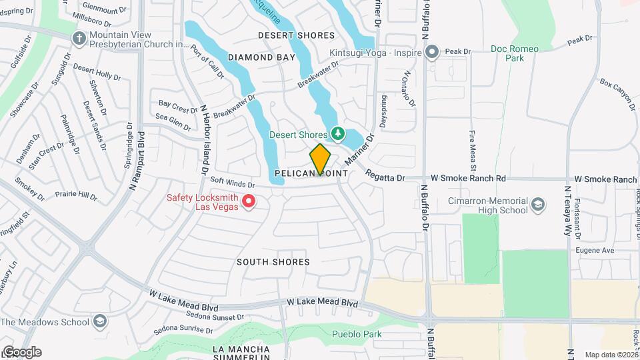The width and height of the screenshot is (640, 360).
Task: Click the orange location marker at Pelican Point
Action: point(321,159)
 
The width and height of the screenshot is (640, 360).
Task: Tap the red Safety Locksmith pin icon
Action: point(249,199)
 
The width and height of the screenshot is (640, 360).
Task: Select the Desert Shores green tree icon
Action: point(338,134)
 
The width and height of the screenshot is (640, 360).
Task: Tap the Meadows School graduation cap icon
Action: point(100,322)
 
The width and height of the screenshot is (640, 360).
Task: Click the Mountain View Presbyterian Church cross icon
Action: point(79,38)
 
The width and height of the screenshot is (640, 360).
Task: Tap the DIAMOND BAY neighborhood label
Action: point(261,57)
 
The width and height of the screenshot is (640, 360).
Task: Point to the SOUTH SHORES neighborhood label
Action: point(273,262)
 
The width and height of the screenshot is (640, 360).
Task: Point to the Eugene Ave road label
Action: point(595,250)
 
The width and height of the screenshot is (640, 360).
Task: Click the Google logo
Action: point(21,352)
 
